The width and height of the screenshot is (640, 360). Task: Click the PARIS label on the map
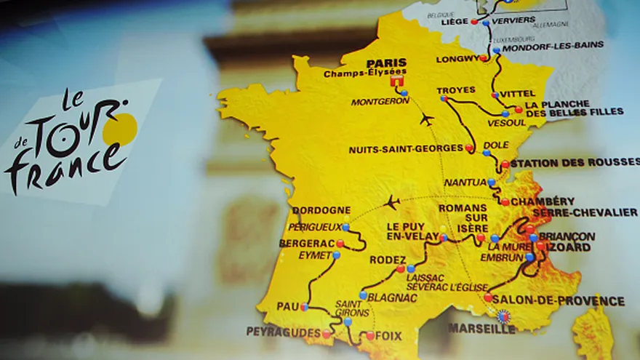tap(386, 63)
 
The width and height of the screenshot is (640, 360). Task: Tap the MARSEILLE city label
tap(481, 329)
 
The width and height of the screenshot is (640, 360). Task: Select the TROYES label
tap(457, 90)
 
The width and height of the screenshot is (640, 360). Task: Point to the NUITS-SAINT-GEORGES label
tap(405, 149)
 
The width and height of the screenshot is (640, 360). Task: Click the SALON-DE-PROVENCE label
tap(558, 300)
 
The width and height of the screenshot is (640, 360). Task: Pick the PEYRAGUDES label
tap(283, 332)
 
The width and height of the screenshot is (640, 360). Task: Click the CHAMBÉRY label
tap(542, 201)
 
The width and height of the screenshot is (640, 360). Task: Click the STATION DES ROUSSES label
tap(574, 163)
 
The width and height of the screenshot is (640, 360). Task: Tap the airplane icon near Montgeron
tap(427, 119)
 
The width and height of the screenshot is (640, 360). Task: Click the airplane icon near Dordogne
tap(393, 201)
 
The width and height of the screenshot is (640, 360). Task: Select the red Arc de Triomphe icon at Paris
tap(396, 85)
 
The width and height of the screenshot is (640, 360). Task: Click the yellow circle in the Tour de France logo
tap(120, 129)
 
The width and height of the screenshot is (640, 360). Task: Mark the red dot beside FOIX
tap(370, 335)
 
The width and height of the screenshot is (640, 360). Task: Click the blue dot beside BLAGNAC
tap(363, 295)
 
